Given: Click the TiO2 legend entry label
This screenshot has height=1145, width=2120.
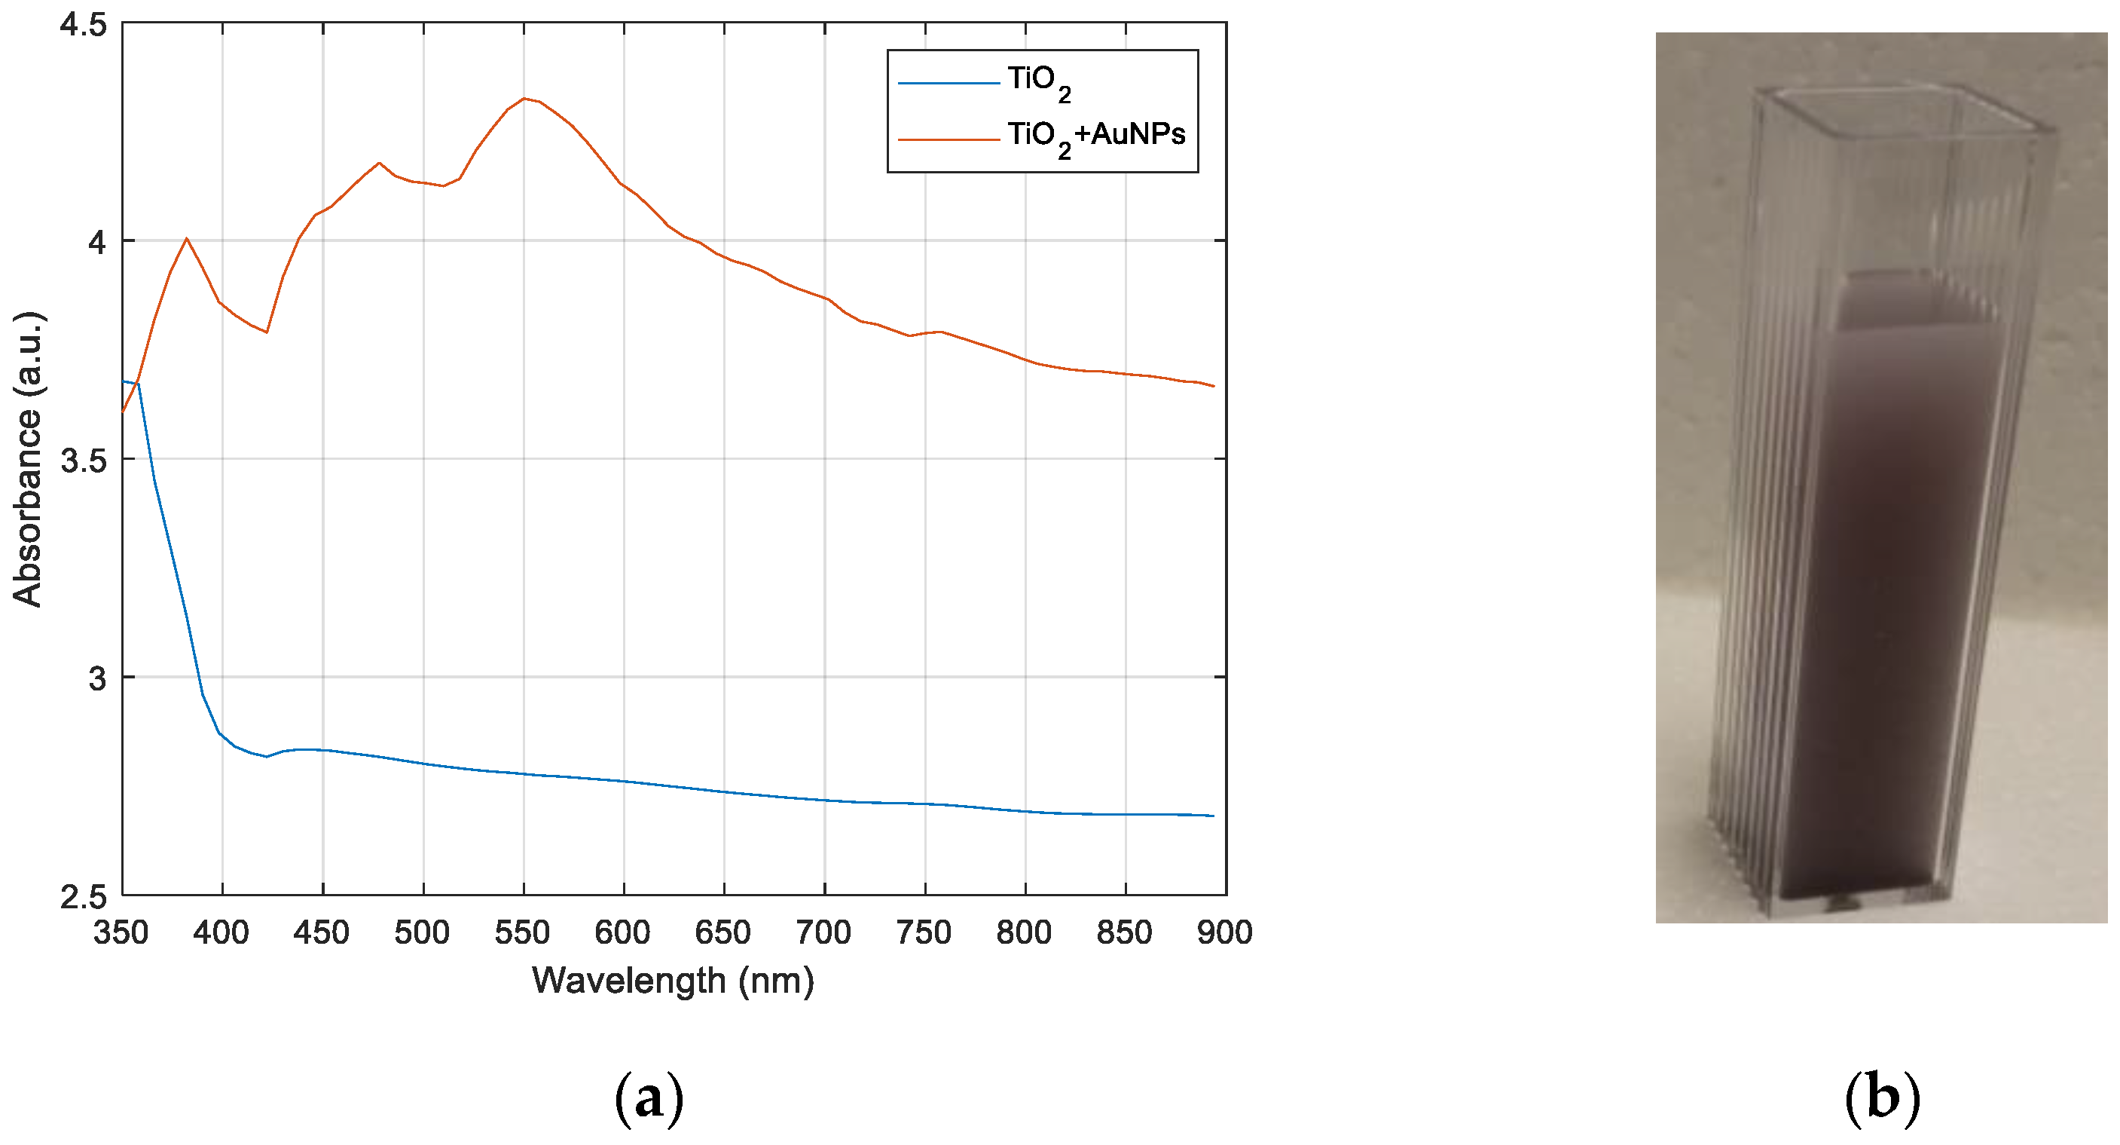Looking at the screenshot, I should [x=1039, y=82].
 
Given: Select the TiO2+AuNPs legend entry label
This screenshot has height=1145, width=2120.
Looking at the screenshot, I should [x=1096, y=136].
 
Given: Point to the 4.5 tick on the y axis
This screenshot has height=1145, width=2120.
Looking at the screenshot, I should [x=83, y=25].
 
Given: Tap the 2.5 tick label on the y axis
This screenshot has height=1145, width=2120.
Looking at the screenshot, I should [x=83, y=896].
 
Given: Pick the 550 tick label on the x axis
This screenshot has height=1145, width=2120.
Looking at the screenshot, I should [x=522, y=932].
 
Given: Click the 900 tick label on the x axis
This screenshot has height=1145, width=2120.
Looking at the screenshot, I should [x=1224, y=932].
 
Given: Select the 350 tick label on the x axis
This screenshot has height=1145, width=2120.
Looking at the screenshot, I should [x=121, y=932].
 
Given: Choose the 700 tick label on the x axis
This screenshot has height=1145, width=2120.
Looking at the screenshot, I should [x=823, y=932].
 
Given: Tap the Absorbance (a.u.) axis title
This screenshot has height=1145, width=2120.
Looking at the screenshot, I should [x=27, y=459].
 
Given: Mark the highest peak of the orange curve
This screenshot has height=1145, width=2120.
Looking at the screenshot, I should [x=524, y=99].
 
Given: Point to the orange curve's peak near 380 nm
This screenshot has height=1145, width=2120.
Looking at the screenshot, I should [x=187, y=239].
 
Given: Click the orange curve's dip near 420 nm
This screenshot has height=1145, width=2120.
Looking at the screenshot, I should [x=267, y=332].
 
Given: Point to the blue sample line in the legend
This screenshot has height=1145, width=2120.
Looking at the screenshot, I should [x=948, y=83].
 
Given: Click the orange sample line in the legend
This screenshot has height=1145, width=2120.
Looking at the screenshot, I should [x=948, y=139].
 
